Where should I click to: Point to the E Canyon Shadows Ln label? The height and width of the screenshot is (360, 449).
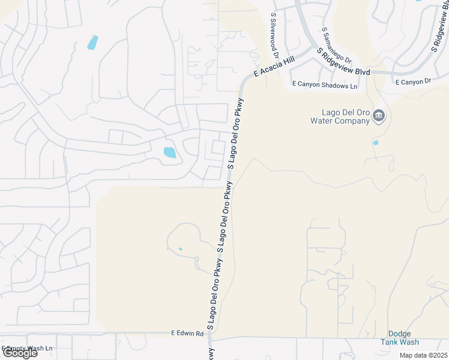pyautogui.click(x=324, y=86)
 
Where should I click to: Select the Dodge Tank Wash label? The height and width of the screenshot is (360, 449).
pyautogui.click(x=399, y=338)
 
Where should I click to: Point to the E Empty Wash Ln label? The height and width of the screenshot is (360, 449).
pyautogui.click(x=27, y=347)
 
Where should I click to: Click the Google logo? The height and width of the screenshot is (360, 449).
pyautogui.click(x=19, y=352)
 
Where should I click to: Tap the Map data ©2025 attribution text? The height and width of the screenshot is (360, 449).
pyautogui.click(x=423, y=355)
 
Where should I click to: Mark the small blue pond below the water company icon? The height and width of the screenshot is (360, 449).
pyautogui.click(x=375, y=143)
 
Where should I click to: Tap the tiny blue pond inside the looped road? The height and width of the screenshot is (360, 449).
pyautogui.click(x=180, y=249)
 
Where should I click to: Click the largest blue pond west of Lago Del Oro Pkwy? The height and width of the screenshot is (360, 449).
pyautogui.click(x=170, y=152)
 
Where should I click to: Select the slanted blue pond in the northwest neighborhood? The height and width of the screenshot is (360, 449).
pyautogui.click(x=92, y=43)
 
